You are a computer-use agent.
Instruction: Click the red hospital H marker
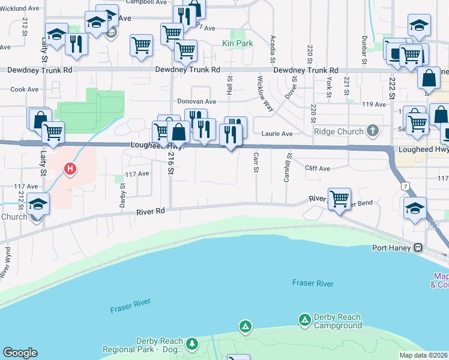tap(70, 169)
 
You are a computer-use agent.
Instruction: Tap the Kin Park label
tap(237, 43)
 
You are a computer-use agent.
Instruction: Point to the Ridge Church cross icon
tap(372, 131)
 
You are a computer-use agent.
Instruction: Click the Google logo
tap(20, 353)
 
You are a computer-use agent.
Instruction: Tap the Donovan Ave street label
tap(196, 101)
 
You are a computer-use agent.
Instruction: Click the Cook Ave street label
tap(24, 89)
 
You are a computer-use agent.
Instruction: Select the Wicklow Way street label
tap(265, 93)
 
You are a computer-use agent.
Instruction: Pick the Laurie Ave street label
tap(277, 133)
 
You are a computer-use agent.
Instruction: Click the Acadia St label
tap(273, 50)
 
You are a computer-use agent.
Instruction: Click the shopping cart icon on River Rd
tap(340, 198)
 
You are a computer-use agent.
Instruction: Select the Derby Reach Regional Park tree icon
tap(192, 344)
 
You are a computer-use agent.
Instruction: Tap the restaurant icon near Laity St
tap(76, 43)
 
